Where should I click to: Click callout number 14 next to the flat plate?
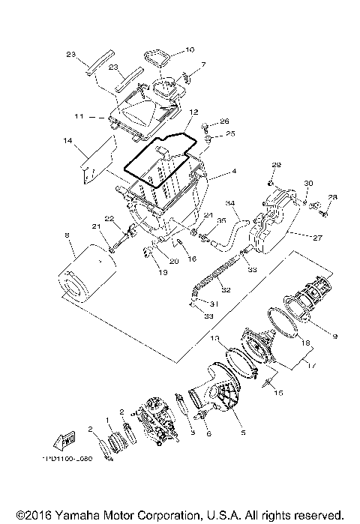pyautogui.click(x=67, y=141)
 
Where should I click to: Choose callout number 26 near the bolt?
pyautogui.click(x=223, y=121)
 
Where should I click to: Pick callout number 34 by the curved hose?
pyautogui.click(x=231, y=203)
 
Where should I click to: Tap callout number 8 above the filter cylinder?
pyautogui.click(x=67, y=236)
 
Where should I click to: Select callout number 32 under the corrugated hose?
pyautogui.click(x=226, y=289)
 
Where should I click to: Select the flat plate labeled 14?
pyautogui.click(x=96, y=161)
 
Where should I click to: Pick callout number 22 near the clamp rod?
pyautogui.click(x=108, y=219)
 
